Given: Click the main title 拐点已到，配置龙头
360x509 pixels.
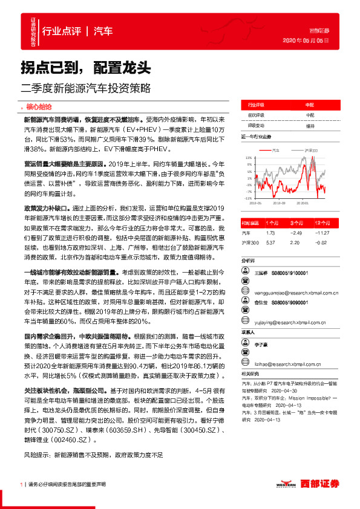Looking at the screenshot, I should tap(86, 65).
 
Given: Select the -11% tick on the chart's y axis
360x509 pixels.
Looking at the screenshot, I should tap(248, 198).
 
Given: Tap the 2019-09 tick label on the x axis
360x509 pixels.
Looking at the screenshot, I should tap(279, 204).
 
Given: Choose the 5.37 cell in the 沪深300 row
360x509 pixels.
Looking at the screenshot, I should tap(270, 242).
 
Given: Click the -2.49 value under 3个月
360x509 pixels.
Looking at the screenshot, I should tap(295, 232).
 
